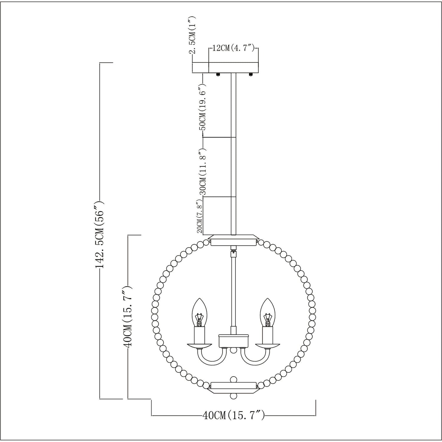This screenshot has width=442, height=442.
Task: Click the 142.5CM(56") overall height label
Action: tap(100, 234)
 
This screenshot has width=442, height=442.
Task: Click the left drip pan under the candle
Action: tap(200, 345)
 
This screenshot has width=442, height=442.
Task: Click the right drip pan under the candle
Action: tap(267, 345)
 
